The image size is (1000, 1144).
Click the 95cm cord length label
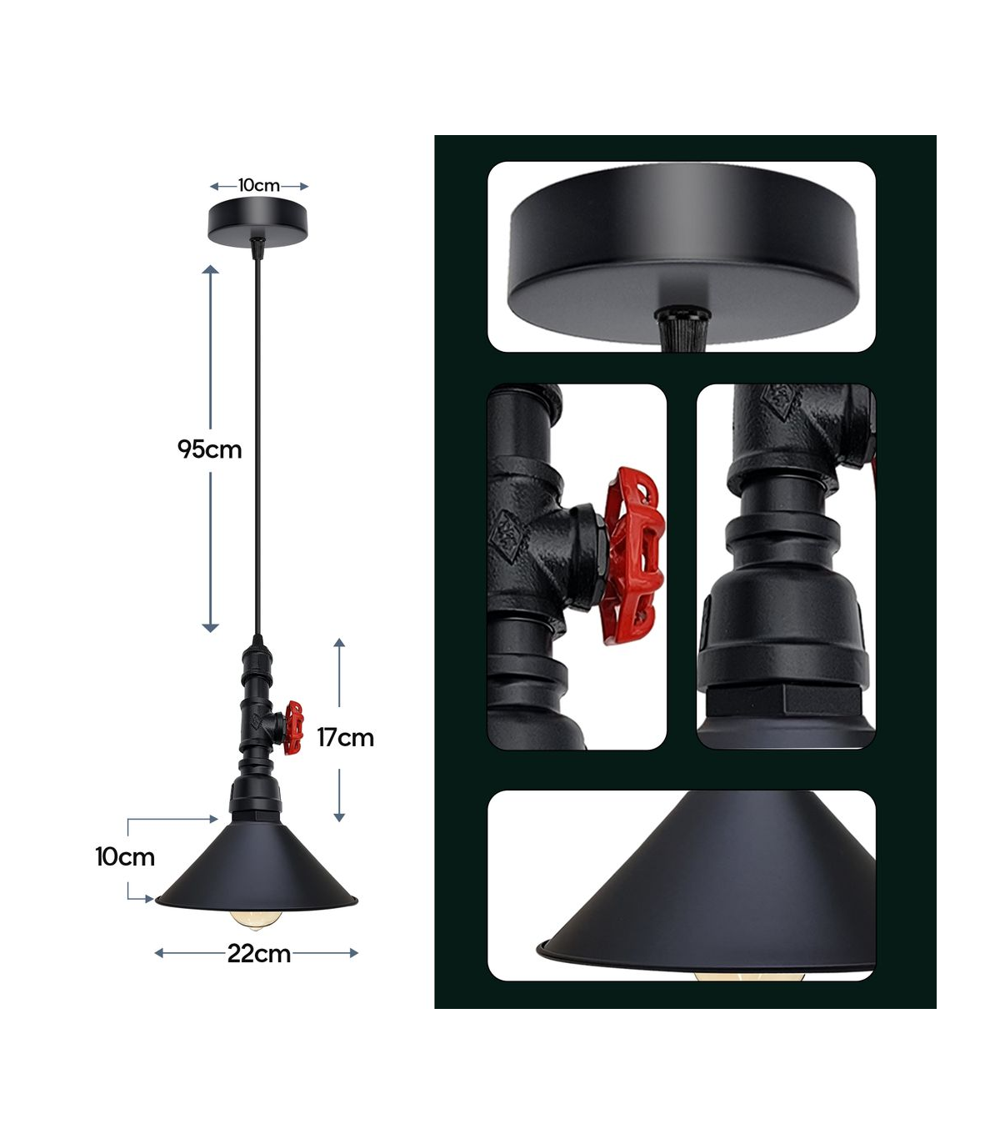pos(209,450)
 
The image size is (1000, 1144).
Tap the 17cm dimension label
pos(345,738)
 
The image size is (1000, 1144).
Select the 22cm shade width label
pos(258,953)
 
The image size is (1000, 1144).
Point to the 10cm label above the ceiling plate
pos(258,186)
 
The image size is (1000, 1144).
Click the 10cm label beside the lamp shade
pos(124,857)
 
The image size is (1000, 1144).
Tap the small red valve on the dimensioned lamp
pos(293,729)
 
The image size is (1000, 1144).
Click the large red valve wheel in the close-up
pos(634,556)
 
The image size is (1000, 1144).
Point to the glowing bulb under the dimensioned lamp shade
pos(254,920)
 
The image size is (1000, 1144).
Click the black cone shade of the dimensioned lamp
pos(257,866)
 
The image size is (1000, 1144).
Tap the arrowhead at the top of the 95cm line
pos(210,269)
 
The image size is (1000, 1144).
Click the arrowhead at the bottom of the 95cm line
pos(210,628)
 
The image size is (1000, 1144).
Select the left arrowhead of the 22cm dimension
pos(159,953)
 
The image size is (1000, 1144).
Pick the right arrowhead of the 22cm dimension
pos(353,953)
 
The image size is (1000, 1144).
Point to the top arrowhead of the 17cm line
pos(339,642)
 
